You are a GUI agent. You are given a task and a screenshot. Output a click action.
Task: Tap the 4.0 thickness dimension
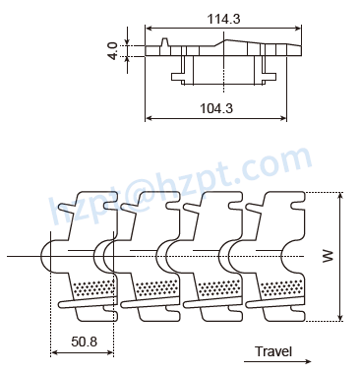coord(114,49)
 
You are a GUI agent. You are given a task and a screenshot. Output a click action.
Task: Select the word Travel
coord(273,350)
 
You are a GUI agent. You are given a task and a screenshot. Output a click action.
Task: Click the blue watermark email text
coord(177,187)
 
